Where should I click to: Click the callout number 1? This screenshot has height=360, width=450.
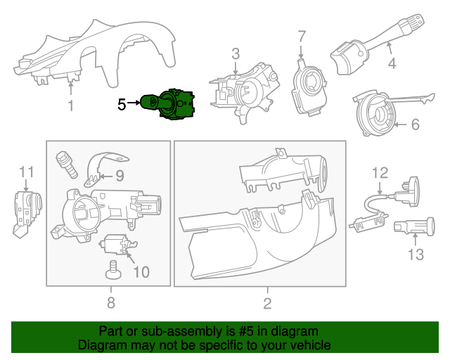(70, 106)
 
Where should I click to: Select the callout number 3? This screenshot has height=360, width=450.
(236, 53)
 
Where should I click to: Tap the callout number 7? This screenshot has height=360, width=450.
(302, 36)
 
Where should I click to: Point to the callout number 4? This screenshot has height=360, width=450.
(392, 63)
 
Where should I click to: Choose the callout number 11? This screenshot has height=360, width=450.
(26, 172)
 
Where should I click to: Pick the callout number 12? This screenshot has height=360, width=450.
(380, 172)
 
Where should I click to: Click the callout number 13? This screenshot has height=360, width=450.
(416, 255)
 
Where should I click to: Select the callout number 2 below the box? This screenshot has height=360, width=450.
(267, 304)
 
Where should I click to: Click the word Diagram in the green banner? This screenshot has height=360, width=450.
(103, 346)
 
